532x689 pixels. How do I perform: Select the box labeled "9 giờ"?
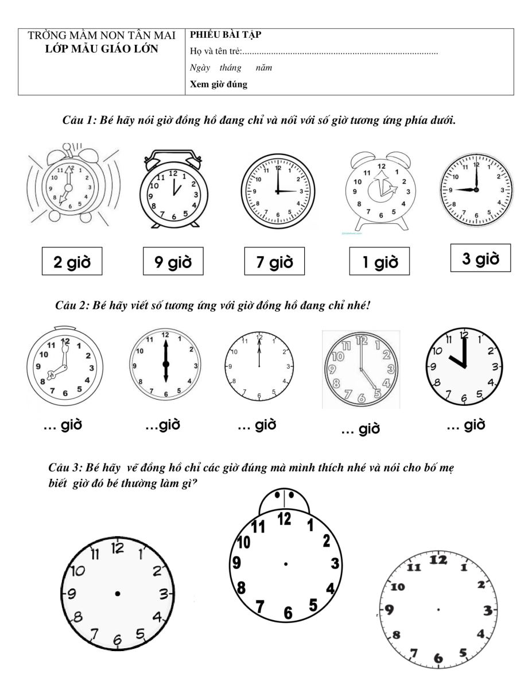click(173, 263)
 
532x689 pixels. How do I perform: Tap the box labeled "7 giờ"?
click(274, 263)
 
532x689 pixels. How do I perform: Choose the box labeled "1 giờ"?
click(379, 263)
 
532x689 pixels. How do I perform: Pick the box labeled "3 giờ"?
click(480, 259)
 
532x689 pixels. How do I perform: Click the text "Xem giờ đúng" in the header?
click(219, 85)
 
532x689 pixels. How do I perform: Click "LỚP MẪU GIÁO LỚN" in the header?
click(102, 49)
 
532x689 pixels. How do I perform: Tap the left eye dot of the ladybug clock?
click(277, 494)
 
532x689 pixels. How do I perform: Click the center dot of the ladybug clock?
click(285, 564)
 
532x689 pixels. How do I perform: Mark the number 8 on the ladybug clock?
click(242, 587)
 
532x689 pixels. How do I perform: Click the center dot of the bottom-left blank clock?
click(118, 593)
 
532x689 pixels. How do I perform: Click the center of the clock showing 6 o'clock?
click(166, 365)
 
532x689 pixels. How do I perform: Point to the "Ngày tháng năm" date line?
click(231, 68)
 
